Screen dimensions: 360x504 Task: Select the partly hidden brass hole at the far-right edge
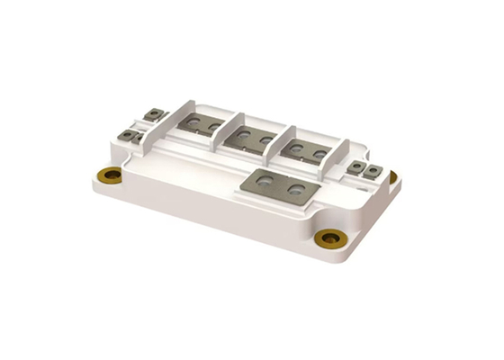click(x=392, y=176)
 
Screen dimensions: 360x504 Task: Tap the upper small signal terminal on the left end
click(x=155, y=114)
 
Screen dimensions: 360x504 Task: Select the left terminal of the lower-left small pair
click(x=126, y=136)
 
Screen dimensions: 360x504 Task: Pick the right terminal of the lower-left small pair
click(x=138, y=139)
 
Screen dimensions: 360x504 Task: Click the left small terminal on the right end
click(x=358, y=166)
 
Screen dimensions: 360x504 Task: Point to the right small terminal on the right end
click(x=371, y=169)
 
